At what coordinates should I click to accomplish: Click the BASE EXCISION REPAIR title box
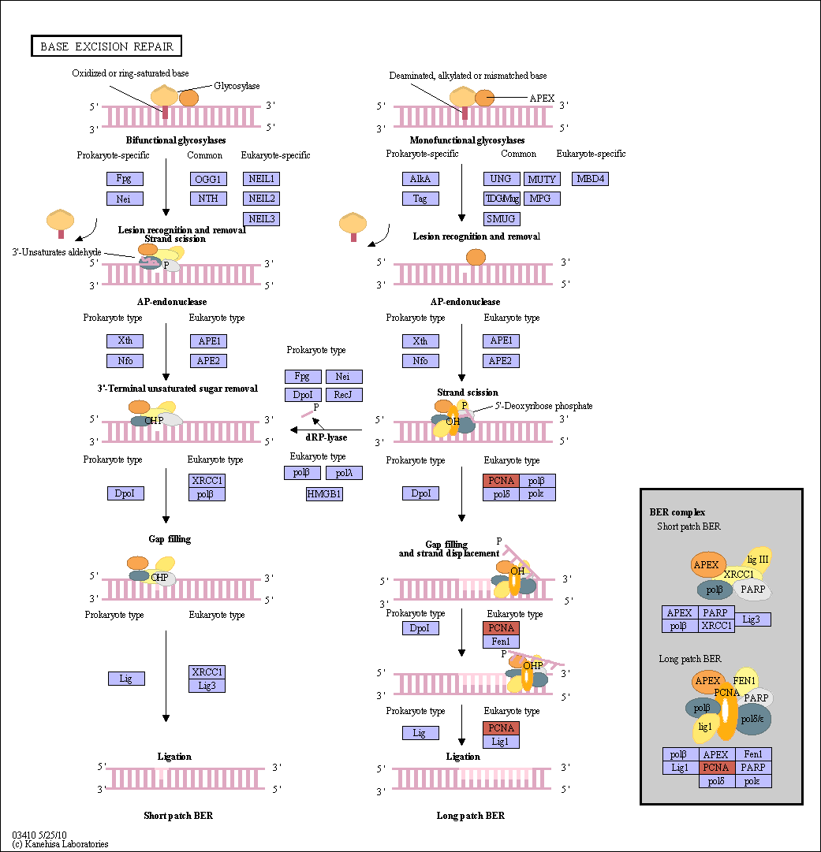tap(106, 47)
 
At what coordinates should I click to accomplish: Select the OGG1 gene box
tap(208, 179)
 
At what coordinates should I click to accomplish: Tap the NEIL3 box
tap(262, 219)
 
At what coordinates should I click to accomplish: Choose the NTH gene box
tap(208, 199)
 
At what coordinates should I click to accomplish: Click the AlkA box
tap(420, 179)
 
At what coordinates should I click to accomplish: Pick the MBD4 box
tap(590, 179)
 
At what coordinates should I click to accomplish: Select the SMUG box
tap(502, 219)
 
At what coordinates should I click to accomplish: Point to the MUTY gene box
tap(542, 179)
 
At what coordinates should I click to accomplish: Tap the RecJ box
tap(344, 395)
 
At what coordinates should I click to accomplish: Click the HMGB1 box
tap(324, 494)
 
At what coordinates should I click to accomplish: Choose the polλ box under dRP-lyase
tap(344, 473)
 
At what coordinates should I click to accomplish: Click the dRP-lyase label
tap(327, 437)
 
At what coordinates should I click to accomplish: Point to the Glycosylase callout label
tap(237, 86)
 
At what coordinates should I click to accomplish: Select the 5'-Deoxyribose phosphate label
tap(543, 406)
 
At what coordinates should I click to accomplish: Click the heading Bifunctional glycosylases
tap(176, 140)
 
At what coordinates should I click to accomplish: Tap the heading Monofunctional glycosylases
tap(467, 140)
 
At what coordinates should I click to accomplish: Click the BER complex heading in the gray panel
tap(677, 512)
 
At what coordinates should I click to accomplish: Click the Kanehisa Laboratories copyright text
tap(60, 844)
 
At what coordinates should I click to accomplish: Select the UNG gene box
tap(502, 179)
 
